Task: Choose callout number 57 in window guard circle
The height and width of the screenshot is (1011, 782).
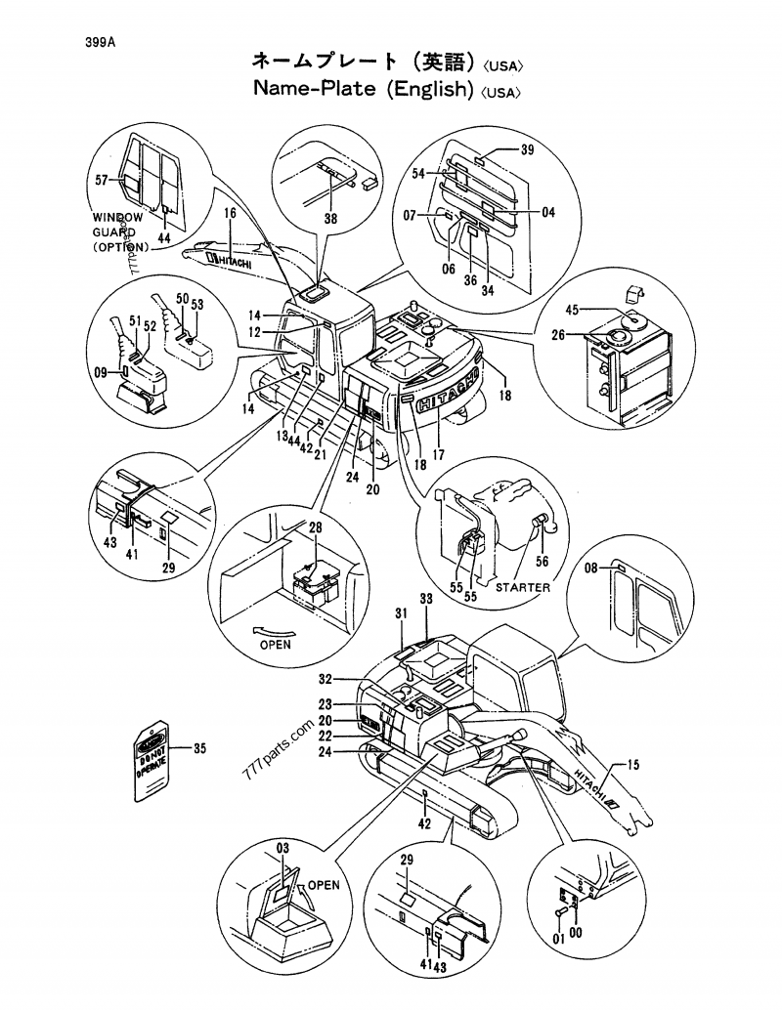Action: (x=101, y=180)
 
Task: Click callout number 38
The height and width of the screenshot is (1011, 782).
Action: (x=330, y=220)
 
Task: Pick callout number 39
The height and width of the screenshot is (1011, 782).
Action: (x=526, y=149)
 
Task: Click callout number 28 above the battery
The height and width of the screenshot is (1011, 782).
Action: (x=315, y=528)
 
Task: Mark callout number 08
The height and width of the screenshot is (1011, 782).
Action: (x=589, y=568)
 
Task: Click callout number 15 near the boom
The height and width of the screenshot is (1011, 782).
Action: (x=633, y=765)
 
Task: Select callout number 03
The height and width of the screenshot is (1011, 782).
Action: (x=282, y=846)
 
